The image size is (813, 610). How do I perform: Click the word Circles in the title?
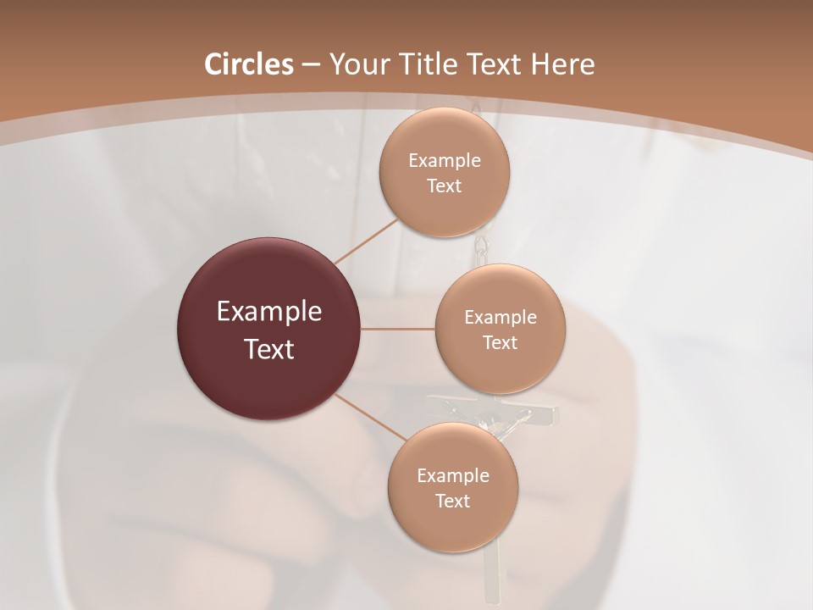pyautogui.click(x=248, y=64)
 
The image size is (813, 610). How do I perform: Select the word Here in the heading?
pyautogui.click(x=563, y=64)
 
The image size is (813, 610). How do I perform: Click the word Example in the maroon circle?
pyautogui.click(x=269, y=312)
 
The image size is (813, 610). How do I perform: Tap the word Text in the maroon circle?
pyautogui.click(x=269, y=349)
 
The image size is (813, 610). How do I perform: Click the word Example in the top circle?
pyautogui.click(x=445, y=161)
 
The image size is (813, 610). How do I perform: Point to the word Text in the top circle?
pyautogui.click(x=445, y=186)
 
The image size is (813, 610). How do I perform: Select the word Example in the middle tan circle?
pyautogui.click(x=501, y=318)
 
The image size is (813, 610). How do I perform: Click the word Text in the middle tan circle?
pyautogui.click(x=501, y=343)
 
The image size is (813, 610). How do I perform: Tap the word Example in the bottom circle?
pyautogui.click(x=452, y=476)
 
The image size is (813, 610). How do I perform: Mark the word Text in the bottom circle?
pyautogui.click(x=452, y=502)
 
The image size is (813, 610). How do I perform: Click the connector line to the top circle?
pyautogui.click(x=366, y=241)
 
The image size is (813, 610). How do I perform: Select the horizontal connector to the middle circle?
pyautogui.click(x=398, y=329)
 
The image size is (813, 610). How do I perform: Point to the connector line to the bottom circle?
pyautogui.click(x=369, y=416)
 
